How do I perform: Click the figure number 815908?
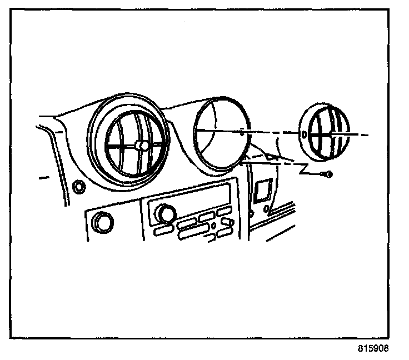click(x=373, y=349)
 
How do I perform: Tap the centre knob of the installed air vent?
click(x=142, y=146)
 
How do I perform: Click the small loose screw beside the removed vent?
click(x=329, y=174)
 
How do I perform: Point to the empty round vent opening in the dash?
click(x=221, y=133)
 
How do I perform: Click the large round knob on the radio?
click(x=164, y=212)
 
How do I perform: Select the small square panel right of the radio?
click(x=261, y=191)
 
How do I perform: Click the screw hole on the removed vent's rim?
click(x=305, y=134)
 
